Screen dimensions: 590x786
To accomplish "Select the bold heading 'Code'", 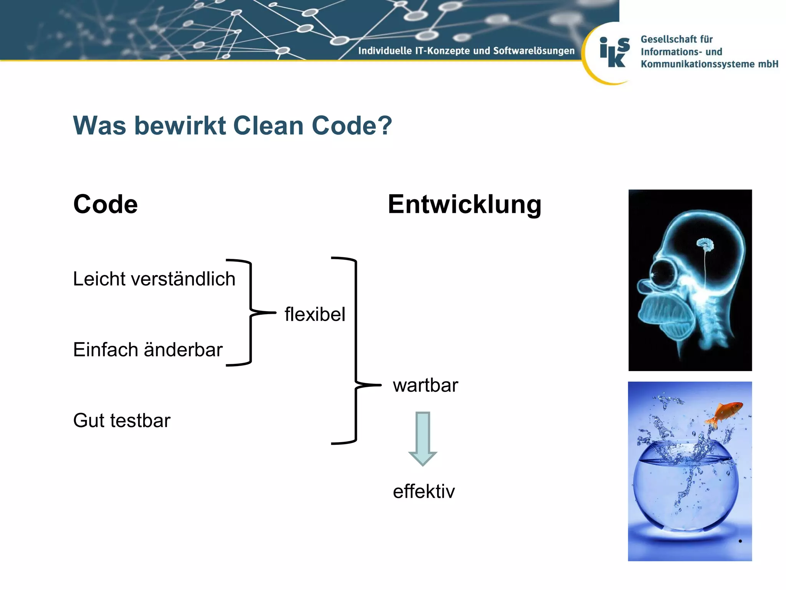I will point(106,204).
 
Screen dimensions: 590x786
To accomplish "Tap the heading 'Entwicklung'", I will point(464,204).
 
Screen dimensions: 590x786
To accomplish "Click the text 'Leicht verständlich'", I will point(154,279).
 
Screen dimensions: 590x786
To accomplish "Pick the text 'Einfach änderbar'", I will point(148,350).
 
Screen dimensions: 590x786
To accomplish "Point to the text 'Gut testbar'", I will point(122,420).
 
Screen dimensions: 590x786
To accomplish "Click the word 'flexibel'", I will point(315,314).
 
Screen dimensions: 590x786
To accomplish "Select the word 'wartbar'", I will point(425,385).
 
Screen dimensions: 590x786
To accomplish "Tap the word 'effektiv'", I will point(424,491).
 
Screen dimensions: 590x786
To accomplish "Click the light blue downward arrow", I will point(423,438).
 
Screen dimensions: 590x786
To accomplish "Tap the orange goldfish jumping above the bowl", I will point(725,414).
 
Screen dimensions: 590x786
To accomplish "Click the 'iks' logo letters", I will point(614,53).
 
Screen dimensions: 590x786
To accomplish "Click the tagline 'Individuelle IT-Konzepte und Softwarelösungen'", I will point(466,51).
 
